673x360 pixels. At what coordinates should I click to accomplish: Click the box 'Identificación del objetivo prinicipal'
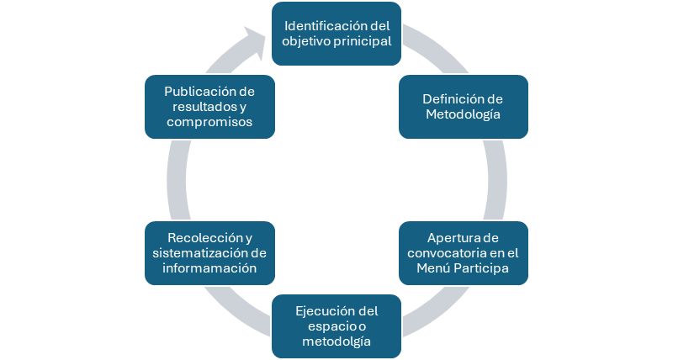click(336, 33)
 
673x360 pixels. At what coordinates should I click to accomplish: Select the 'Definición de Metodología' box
click(463, 106)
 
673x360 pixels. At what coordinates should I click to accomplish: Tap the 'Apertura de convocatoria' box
click(463, 251)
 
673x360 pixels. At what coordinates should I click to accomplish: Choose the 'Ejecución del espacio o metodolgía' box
click(336, 326)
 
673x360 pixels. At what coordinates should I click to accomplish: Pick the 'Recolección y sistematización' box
click(210, 251)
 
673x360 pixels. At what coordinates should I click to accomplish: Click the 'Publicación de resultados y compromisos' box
click(210, 106)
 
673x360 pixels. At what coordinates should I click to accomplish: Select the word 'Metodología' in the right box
click(463, 114)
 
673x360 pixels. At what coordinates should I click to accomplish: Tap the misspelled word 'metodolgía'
click(336, 342)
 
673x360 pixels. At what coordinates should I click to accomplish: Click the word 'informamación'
click(210, 268)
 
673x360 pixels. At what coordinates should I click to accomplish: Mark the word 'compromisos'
click(209, 123)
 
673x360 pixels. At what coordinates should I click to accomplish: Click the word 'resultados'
click(203, 106)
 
